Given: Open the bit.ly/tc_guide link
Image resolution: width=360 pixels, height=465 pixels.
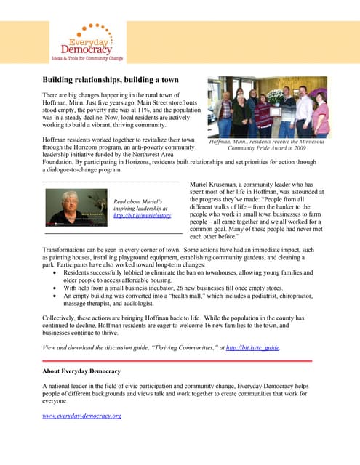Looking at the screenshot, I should click(252, 348).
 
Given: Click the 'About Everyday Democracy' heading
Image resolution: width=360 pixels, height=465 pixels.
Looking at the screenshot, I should click(81, 372).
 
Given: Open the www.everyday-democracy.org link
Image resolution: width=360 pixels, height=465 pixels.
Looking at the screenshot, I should click(81, 416).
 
